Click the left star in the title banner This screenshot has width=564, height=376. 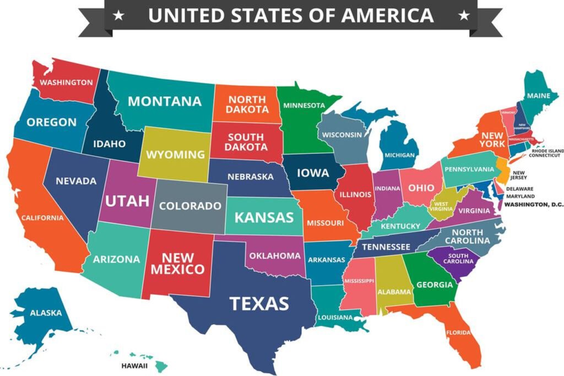click(x=118, y=15)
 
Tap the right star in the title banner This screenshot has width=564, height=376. click(x=465, y=15)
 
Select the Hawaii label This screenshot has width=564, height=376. click(x=134, y=365)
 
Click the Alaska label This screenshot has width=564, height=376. click(x=46, y=313)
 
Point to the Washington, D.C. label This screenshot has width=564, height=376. click(x=534, y=205)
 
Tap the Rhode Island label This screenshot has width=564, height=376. click(x=547, y=150)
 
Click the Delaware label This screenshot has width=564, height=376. click(x=519, y=189)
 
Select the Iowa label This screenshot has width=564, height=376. click(x=313, y=173)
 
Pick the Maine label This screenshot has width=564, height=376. click(x=538, y=96)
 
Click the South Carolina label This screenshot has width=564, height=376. click(x=458, y=258)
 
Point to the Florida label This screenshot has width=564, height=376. click(x=458, y=333)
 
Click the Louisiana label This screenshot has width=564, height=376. click(x=334, y=318)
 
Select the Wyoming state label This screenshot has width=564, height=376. click(x=175, y=154)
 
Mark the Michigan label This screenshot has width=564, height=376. click(x=399, y=155)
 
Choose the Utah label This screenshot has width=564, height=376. click(x=127, y=200)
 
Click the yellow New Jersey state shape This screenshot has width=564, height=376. click(x=502, y=168)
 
